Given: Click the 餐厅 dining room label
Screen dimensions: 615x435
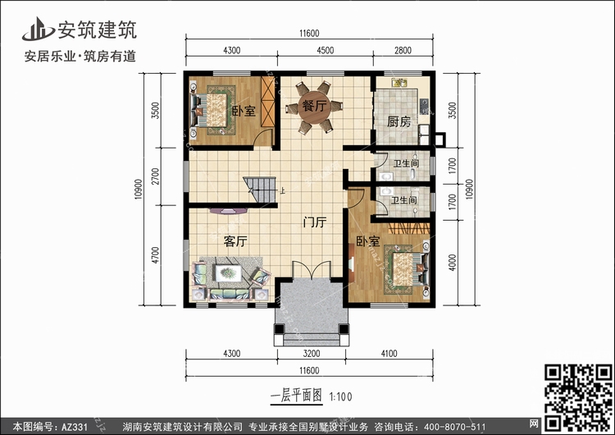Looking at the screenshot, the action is point(314,106).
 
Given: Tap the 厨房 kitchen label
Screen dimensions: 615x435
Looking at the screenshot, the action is point(399,121).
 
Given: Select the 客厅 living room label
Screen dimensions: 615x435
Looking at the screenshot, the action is point(235,241).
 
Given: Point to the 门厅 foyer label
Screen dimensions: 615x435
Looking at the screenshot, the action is point(315,222).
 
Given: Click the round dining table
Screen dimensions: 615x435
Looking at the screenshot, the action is point(314,108).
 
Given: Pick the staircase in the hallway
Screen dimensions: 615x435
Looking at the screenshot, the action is point(260,190).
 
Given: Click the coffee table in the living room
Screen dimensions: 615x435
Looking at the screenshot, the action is point(228,272).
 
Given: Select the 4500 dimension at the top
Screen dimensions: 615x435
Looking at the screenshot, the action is point(326,50).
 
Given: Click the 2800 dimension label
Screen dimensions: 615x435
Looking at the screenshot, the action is point(403,50).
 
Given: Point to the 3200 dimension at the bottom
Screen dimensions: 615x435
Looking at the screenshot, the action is point(312,354).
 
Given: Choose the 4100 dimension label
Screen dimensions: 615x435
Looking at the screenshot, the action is point(389,354).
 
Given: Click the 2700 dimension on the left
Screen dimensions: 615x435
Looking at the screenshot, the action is point(156,176).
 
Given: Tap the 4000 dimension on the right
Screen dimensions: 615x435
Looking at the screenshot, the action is point(452,263).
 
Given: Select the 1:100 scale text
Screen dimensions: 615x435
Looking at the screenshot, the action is point(340,396).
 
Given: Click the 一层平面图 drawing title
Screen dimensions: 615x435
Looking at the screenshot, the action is point(297,396).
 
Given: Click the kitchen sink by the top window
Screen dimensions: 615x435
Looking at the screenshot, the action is point(399,82).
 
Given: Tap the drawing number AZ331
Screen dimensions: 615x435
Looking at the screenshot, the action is point(75,427).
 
